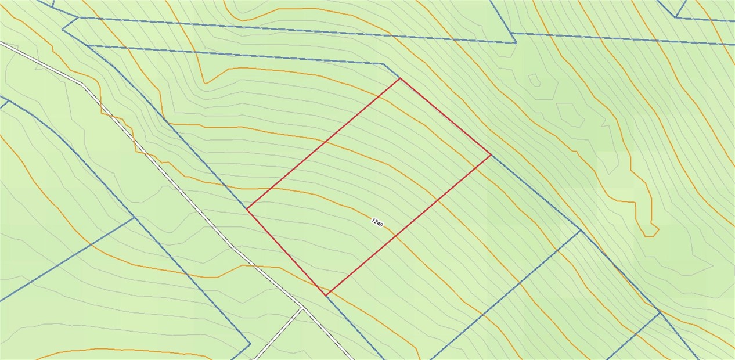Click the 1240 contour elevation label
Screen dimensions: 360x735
(377, 223)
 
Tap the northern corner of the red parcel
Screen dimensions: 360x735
(400, 78)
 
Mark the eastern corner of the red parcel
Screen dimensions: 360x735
(491, 155)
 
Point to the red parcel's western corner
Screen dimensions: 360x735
(247, 208)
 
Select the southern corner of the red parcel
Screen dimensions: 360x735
(326, 295)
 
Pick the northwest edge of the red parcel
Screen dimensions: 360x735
(323, 143)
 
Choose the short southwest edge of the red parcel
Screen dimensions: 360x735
(286, 251)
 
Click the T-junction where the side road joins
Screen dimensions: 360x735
(302, 308)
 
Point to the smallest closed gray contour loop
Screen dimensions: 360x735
(534, 80)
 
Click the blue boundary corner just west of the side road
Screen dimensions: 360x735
(250, 344)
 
